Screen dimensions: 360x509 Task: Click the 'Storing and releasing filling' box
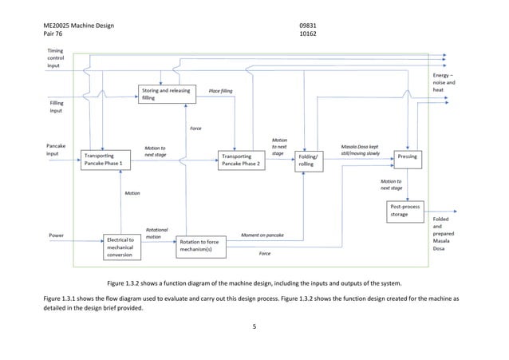click(x=165, y=94)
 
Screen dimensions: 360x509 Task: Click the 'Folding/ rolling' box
click(x=310, y=160)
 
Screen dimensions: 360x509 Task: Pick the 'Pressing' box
click(x=406, y=158)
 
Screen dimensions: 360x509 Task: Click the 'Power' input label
click(x=57, y=235)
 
